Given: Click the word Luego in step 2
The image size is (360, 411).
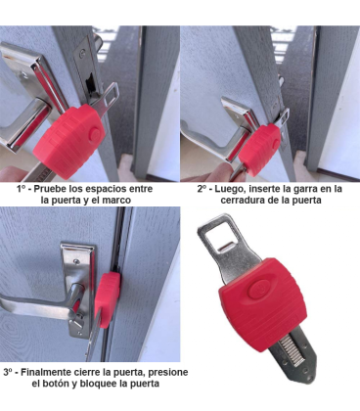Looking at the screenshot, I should coord(234,186).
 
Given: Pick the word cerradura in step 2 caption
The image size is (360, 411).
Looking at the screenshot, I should coord(241,199).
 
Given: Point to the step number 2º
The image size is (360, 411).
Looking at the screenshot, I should coord(202,186).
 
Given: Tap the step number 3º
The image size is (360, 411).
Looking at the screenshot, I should coord(9,373).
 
